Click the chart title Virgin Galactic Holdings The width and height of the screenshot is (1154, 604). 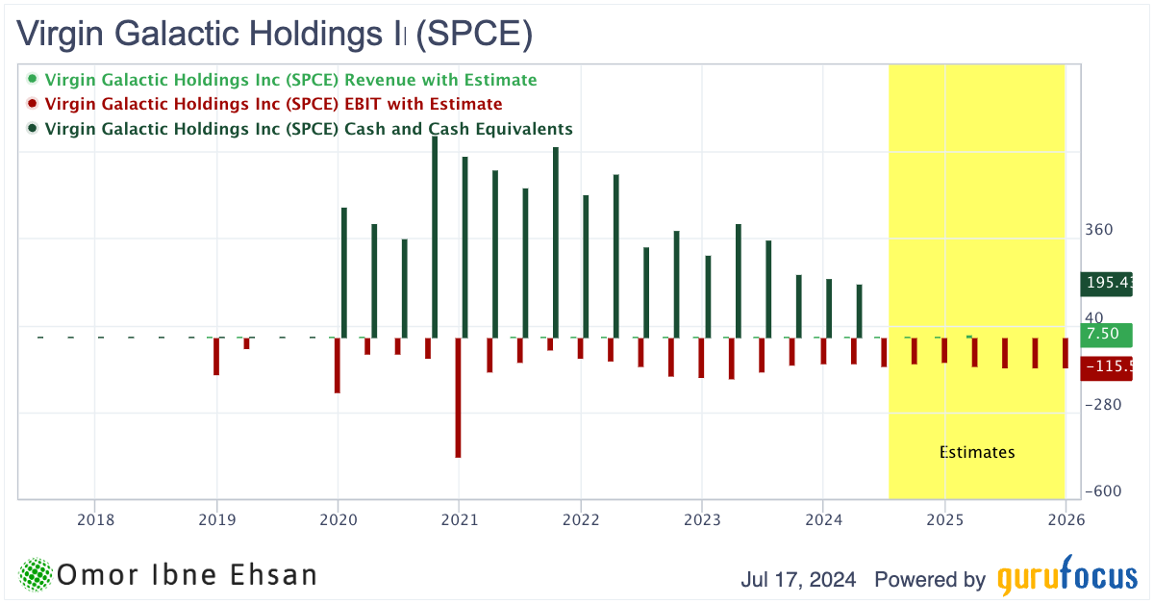[x=275, y=35]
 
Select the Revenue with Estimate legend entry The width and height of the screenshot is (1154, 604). [x=290, y=80]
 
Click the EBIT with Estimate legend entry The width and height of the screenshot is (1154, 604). [x=273, y=104]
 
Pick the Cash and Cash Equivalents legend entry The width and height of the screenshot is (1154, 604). [x=309, y=128]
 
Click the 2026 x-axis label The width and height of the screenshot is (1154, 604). [x=1066, y=519]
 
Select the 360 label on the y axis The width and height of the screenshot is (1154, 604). [x=1099, y=230]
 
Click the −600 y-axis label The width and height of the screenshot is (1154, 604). [x=1103, y=491]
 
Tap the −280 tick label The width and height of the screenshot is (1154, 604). [x=1103, y=405]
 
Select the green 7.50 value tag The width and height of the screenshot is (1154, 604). [x=1104, y=335]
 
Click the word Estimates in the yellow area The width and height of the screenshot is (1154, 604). [x=976, y=452]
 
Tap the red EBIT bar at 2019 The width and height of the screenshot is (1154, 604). [x=216, y=356]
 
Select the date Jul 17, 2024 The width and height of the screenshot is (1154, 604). [x=801, y=580]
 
